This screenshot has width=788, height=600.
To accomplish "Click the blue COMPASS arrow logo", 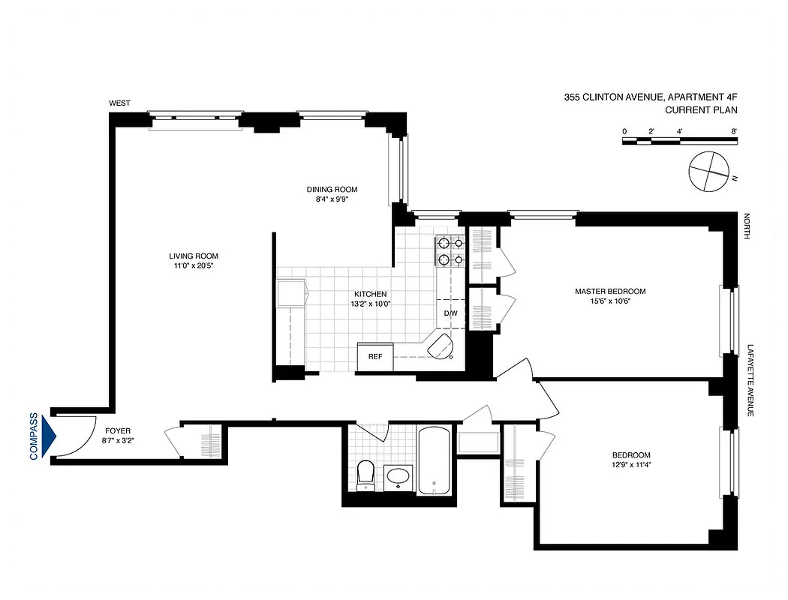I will [x=50, y=436].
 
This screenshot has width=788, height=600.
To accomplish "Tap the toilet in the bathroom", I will [x=365, y=474].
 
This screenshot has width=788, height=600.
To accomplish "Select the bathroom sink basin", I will [x=398, y=476].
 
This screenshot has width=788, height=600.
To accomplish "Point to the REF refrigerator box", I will [x=374, y=356].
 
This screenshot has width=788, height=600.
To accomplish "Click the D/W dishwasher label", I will [x=450, y=313].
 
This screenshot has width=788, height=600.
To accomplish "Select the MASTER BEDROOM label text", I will [x=609, y=291].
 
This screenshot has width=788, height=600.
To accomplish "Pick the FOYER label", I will [x=118, y=431].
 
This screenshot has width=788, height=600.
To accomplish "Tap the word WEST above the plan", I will [x=120, y=103].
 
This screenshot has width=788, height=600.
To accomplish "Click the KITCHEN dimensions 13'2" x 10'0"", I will [x=371, y=304].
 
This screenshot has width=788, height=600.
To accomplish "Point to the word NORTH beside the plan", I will [x=747, y=226].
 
